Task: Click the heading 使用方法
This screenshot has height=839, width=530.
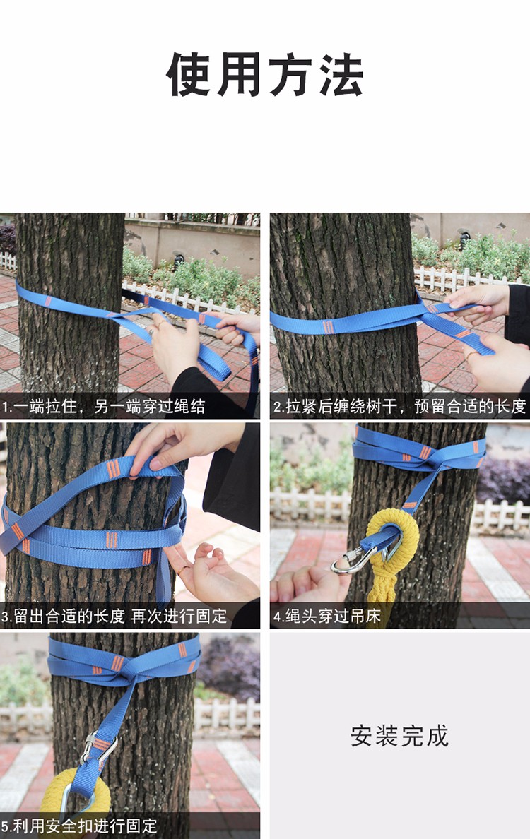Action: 265,74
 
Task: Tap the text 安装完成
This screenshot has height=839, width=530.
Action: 399,736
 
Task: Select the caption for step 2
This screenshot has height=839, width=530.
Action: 399,407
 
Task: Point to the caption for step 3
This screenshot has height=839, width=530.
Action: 114,616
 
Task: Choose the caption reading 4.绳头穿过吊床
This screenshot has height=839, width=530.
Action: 327,616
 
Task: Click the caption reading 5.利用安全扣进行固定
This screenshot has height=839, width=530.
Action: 79,826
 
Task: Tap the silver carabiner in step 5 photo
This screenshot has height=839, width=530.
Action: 95,749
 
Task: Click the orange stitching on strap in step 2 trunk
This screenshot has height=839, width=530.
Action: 328,327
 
